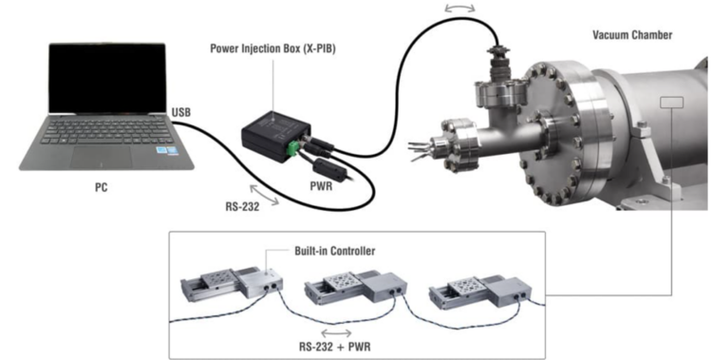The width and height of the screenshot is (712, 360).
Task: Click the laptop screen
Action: (x=107, y=78)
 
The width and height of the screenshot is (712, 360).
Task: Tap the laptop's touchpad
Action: (x=102, y=157)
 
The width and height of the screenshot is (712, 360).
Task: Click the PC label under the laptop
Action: (x=102, y=187)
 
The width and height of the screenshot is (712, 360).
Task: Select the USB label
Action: (x=181, y=112)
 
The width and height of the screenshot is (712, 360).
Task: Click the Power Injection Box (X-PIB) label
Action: (x=272, y=48)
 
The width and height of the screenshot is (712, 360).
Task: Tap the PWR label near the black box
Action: (x=321, y=186)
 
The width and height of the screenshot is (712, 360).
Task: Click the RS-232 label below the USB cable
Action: (x=242, y=207)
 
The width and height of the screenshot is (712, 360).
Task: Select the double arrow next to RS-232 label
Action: (x=264, y=195)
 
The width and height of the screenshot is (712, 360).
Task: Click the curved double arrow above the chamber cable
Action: (x=460, y=7)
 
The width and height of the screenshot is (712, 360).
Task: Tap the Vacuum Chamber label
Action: (x=632, y=35)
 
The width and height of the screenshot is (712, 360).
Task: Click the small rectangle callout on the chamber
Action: (x=671, y=103)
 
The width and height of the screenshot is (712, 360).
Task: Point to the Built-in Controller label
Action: (x=335, y=251)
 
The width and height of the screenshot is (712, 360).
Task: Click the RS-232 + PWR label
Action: (x=335, y=347)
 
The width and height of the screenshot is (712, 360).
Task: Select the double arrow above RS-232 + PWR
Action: (x=336, y=332)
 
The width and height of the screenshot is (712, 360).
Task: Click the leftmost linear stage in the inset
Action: (x=232, y=283)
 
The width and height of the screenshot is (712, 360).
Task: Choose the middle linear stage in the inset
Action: (x=356, y=288)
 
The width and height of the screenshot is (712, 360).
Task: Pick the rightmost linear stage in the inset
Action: (x=480, y=292)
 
